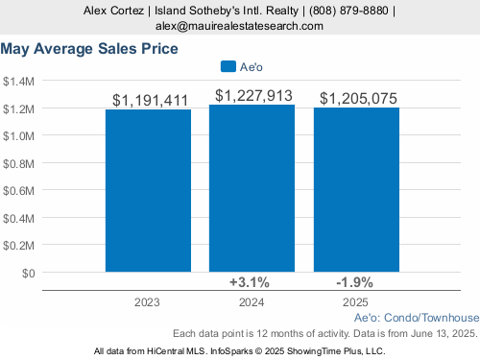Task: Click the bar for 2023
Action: [x=148, y=191]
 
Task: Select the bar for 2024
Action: [x=252, y=188]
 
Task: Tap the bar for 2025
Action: [x=356, y=190]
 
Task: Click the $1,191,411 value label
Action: [x=150, y=101]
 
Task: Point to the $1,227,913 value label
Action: [x=253, y=96]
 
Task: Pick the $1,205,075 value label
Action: [x=358, y=98]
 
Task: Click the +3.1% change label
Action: [x=250, y=282]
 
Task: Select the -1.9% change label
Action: [x=354, y=282]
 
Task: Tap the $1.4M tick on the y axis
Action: [x=18, y=82]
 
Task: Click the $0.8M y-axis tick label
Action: [x=18, y=164]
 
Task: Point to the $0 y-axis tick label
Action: [x=28, y=274]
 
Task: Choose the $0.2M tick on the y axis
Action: [x=18, y=246]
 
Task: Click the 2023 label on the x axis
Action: [x=147, y=302]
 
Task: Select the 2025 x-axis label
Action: [x=355, y=302]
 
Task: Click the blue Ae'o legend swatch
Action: [x=228, y=66]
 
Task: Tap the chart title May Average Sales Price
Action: [x=89, y=49]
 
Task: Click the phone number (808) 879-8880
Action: [x=348, y=11]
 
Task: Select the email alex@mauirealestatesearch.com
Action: [x=239, y=26]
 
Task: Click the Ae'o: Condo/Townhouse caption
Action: [x=417, y=318]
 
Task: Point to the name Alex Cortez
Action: [x=113, y=11]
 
